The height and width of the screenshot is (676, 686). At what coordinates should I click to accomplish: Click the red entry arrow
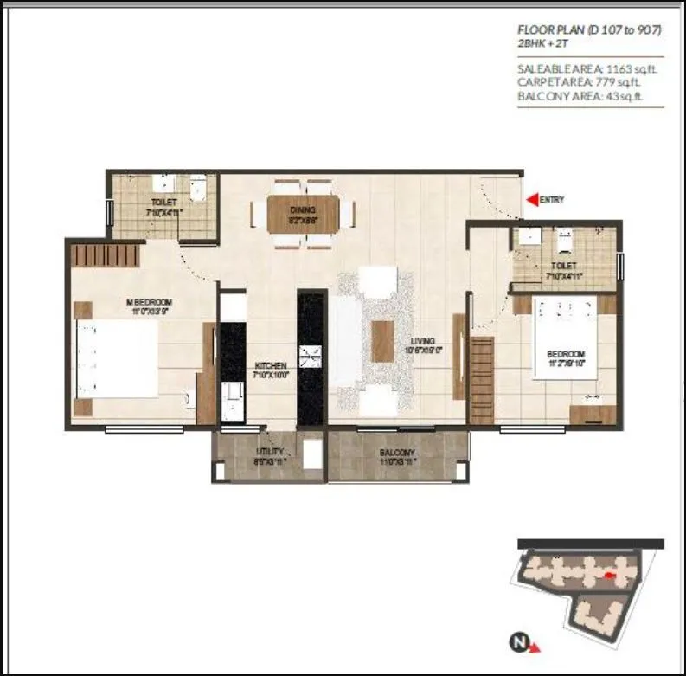(x=532, y=200)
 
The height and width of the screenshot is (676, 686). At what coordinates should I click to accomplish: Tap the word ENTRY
(x=552, y=200)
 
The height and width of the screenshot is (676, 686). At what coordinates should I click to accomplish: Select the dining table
(x=302, y=214)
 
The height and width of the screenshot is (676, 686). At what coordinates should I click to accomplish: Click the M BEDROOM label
(x=150, y=303)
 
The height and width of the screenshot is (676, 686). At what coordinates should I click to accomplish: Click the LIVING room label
(x=422, y=341)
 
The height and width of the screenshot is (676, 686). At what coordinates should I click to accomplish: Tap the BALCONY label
(x=397, y=453)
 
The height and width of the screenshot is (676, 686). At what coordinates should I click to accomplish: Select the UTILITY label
(x=268, y=453)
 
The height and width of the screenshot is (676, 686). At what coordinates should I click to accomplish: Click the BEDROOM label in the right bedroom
(x=566, y=355)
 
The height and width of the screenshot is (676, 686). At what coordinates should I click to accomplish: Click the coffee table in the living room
(x=383, y=341)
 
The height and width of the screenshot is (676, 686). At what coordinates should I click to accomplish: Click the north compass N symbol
(x=518, y=642)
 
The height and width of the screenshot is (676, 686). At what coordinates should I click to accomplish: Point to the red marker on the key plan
(x=610, y=574)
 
